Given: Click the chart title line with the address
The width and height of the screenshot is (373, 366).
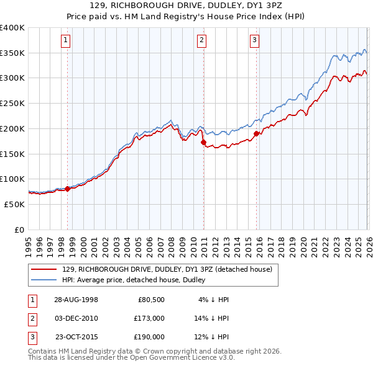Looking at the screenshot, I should pyautogui.click(x=186, y=5).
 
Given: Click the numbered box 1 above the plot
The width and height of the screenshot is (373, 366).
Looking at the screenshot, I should pyautogui.click(x=67, y=41).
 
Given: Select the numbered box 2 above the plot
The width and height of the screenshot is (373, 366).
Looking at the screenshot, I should pyautogui.click(x=203, y=41).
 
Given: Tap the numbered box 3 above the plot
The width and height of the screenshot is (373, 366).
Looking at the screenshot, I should pyautogui.click(x=255, y=41).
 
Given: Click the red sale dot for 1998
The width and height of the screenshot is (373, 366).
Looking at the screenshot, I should pyautogui.click(x=68, y=189).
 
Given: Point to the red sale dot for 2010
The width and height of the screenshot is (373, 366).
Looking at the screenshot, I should pyautogui.click(x=203, y=143).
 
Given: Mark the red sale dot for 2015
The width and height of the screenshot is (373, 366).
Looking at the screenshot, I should pyautogui.click(x=256, y=133).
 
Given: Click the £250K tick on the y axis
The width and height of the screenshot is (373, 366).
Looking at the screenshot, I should pyautogui.click(x=12, y=103).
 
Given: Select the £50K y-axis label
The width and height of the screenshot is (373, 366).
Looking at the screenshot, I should pyautogui.click(x=14, y=204).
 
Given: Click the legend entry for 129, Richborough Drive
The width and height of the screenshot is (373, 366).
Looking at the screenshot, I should pyautogui.click(x=167, y=269).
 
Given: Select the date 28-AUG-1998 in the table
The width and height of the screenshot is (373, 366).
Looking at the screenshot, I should pyautogui.click(x=76, y=300).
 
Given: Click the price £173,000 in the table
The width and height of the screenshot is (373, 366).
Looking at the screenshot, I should pyautogui.click(x=149, y=318).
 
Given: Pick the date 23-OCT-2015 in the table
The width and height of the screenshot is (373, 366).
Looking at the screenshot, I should pyautogui.click(x=76, y=337).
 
